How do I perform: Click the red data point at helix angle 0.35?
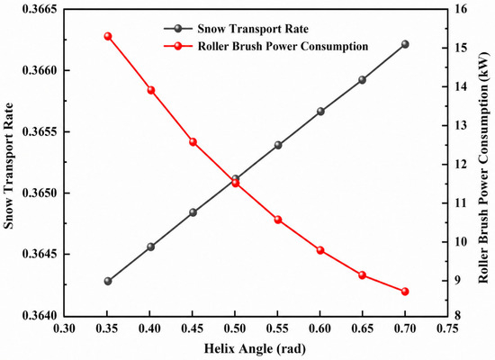(x=108, y=36)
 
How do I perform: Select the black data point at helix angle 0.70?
(x=405, y=44)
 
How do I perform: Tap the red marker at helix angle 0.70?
(x=405, y=292)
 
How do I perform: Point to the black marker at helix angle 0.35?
(x=108, y=281)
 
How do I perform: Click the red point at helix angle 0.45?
(x=193, y=142)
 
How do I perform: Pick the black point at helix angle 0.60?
(x=320, y=112)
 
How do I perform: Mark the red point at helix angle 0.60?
(x=320, y=250)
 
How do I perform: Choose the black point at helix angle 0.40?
(x=151, y=247)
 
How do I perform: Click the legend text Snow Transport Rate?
(x=253, y=29)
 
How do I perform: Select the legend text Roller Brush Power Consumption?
(x=283, y=46)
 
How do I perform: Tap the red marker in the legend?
(x=178, y=46)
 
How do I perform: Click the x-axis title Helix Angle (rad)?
(x=255, y=349)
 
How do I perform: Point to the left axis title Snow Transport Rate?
(x=8, y=166)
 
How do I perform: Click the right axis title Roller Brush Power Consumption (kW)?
(x=483, y=167)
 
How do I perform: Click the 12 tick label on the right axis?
(x=461, y=165)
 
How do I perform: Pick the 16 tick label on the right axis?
(x=461, y=9)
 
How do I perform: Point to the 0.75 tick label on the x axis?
(x=447, y=328)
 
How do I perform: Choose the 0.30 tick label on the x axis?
(x=65, y=328)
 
